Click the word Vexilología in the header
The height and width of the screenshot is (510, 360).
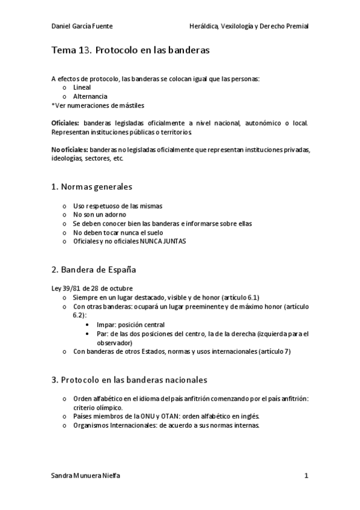[237, 26]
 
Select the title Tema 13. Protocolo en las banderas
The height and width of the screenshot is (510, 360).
[130, 51]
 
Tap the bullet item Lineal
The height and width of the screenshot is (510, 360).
[82, 87]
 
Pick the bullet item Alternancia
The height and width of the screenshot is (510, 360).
[90, 96]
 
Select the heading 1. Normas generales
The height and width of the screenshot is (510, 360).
[92, 186]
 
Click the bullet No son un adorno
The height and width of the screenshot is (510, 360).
[99, 215]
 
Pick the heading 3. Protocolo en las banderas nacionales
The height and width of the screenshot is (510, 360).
[129, 379]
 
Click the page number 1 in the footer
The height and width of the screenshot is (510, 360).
[306, 476]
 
